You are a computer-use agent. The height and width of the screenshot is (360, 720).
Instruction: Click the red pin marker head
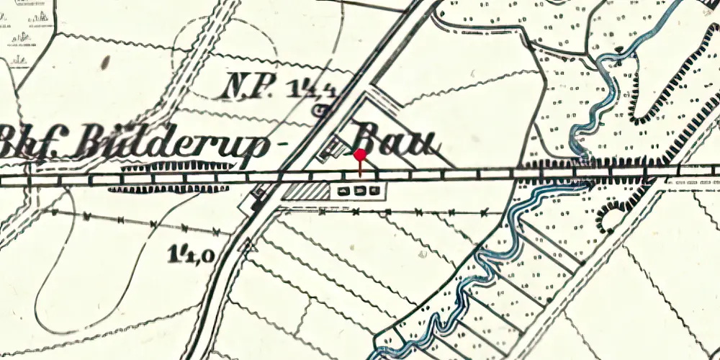(x=360, y=154)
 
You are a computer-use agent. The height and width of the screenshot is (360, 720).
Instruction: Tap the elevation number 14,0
(x=191, y=253)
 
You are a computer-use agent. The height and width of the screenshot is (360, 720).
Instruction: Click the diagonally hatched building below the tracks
(x=306, y=191)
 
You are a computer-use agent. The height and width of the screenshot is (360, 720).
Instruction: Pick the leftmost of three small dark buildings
(x=343, y=191)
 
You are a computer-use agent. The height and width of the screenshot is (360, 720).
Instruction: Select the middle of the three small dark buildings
(x=359, y=191)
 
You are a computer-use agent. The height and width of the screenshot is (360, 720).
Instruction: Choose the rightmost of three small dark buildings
(x=372, y=191)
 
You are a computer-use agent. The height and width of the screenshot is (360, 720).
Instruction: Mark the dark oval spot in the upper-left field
(x=106, y=63)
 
